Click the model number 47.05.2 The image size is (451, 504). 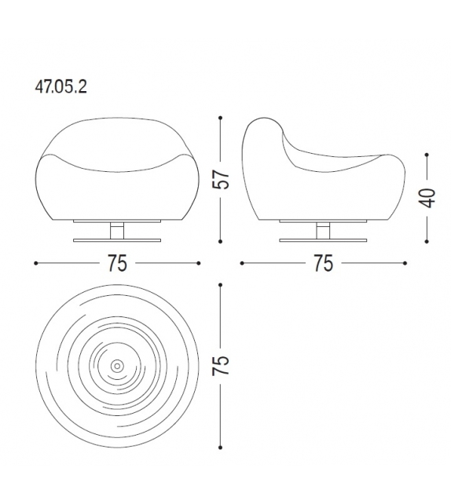tap(60, 86)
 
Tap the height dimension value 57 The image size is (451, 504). tap(221, 179)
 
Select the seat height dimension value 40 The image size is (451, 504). tap(427, 198)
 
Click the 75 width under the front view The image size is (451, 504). tap(117, 263)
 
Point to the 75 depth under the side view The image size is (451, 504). tap(323, 263)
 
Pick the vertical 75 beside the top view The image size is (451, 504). tap(221, 366)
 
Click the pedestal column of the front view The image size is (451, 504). tap(117, 231)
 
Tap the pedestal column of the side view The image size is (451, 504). tap(323, 231)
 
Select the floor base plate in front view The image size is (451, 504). tap(117, 240)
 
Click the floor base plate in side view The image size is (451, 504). tap(323, 240)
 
